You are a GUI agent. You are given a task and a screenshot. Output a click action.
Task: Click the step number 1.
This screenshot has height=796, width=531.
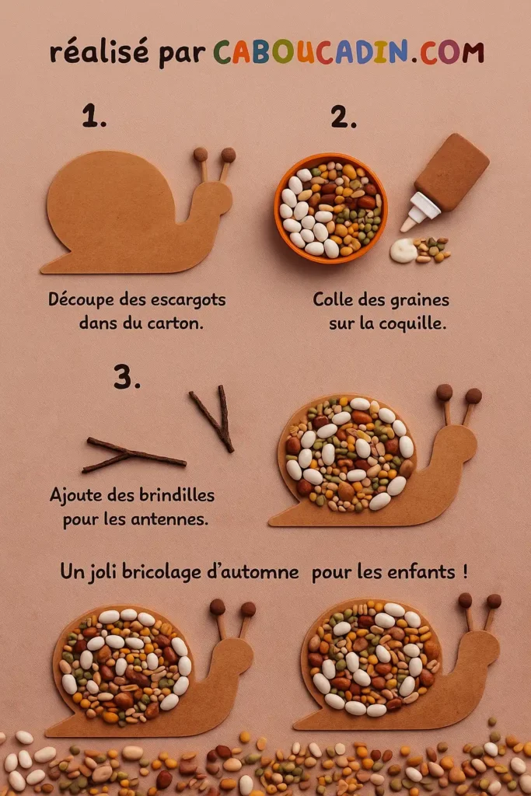point(93,117)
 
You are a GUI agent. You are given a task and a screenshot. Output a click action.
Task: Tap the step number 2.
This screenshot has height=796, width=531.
point(343,117)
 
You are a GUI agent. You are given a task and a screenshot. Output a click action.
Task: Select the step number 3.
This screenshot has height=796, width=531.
point(127,376)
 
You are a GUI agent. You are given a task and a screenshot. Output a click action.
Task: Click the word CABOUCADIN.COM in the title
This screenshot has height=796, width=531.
point(348,52)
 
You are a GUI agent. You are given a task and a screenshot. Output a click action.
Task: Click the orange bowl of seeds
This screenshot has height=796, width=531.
point(330,208)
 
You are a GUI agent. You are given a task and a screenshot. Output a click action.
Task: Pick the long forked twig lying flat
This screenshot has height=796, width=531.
point(132,455)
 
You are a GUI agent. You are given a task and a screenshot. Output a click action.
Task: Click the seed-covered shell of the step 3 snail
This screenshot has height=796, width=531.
point(348,452)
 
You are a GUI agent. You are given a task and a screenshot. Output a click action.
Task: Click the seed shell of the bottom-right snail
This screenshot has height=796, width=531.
point(372,658)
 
